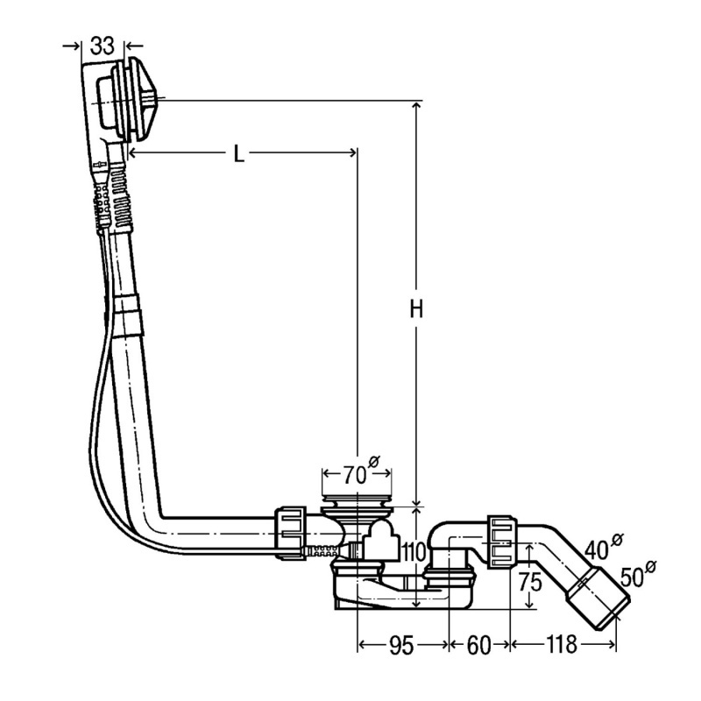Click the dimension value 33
(x=103, y=46)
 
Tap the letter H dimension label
(x=417, y=309)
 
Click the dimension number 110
(x=414, y=553)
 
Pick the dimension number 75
(x=530, y=582)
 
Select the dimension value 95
(x=401, y=645)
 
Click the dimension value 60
(x=478, y=645)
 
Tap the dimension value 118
(x=561, y=645)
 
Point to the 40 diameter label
(x=603, y=547)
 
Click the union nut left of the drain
(x=290, y=533)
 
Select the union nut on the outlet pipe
(x=503, y=542)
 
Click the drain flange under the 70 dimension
(x=358, y=505)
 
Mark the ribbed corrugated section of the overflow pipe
(x=122, y=196)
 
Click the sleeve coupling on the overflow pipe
(x=128, y=315)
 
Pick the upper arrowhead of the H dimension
(x=417, y=106)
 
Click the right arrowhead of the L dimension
(x=352, y=152)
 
